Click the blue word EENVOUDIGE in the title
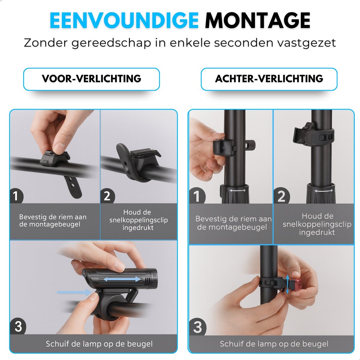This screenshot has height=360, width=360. tap(124, 21)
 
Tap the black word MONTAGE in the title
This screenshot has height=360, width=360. tap(258, 21)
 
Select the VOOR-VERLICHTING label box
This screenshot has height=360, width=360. tap(91, 79)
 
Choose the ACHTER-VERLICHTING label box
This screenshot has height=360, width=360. tap(269, 79)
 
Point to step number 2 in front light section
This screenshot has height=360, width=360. tap(107, 196)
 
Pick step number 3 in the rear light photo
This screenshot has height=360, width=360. tap(198, 327)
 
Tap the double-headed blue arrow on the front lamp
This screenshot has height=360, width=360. tap(122, 284)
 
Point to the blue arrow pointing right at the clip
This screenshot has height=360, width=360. tap(74, 292)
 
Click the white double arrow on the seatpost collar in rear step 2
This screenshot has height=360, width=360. tap(324, 191)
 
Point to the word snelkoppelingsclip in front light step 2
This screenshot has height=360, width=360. tap(139, 220)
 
